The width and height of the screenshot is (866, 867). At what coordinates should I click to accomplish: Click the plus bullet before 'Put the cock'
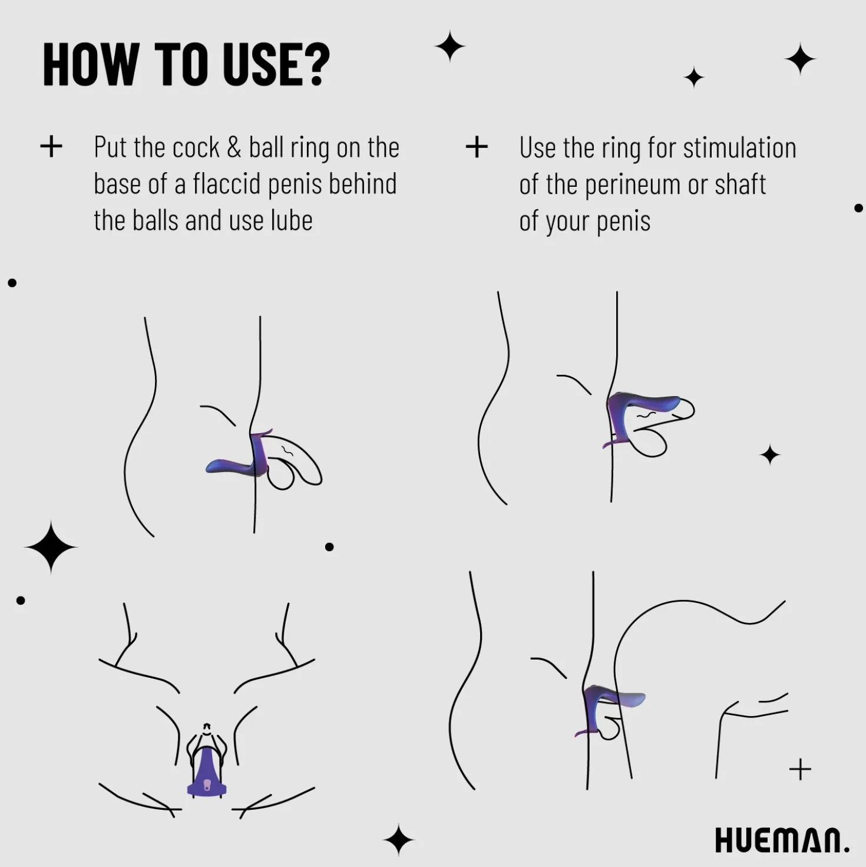pos(51,147)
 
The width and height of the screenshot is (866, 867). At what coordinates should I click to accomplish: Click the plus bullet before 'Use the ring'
pos(477,147)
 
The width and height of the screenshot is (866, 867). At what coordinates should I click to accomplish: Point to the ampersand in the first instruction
pos(234,147)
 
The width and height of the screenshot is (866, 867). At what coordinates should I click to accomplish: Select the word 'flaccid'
pos(227,183)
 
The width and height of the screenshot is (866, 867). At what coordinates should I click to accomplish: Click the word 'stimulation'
pos(739,147)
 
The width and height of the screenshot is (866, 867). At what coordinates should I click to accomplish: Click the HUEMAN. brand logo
pos(782,839)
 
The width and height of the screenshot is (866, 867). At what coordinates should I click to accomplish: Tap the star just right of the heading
pos(450,46)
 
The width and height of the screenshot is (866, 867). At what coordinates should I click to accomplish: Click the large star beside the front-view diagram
pos(51,547)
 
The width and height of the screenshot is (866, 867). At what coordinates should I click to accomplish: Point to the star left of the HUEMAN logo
pos(399,839)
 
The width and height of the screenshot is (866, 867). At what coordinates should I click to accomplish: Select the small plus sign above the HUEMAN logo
pos(801,769)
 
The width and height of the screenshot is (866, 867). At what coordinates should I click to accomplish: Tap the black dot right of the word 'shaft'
pos(858,208)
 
